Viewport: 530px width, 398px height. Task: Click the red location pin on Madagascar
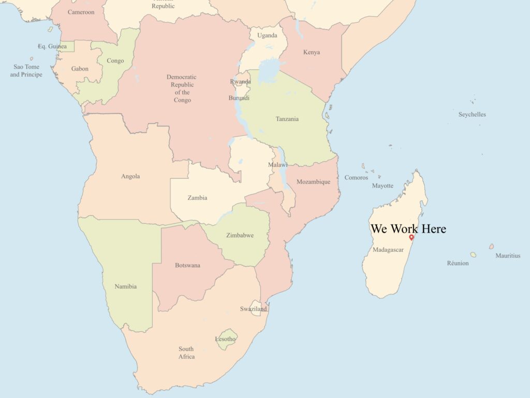pos(411,237)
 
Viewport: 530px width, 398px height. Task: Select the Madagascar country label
pos(388,250)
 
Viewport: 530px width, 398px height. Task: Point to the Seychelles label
pos(472,115)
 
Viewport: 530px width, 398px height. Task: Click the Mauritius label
pos(508,255)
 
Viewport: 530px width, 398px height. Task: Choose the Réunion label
pos(458,263)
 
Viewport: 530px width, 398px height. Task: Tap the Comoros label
pos(356,178)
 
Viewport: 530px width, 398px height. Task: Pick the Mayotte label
pos(382,186)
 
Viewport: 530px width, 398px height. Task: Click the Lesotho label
pos(226,339)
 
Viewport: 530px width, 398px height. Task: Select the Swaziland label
pos(253,309)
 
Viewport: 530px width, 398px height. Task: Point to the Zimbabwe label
pos(240,235)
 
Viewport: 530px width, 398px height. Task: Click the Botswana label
pos(187,265)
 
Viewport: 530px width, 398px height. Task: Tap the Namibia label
pos(126,287)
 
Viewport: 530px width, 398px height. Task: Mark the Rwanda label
pos(241,81)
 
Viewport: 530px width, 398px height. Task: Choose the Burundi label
pos(239,98)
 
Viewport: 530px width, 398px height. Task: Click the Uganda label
pos(267,35)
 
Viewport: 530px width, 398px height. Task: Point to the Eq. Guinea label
pos(52,47)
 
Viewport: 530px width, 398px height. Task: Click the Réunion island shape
pos(473,255)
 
